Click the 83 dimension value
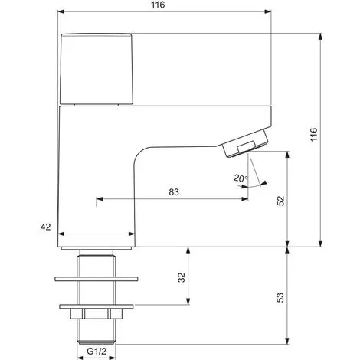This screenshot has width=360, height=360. point(175,192)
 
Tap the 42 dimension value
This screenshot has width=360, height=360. point(46,227)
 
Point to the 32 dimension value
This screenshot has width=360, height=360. point(182,277)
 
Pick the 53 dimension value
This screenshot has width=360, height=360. point(280,295)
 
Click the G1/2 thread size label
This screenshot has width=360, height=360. point(95,352)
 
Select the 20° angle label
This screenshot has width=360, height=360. point(220,178)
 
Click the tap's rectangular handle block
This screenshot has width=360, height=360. point(97,68)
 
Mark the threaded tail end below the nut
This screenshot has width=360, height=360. point(95,330)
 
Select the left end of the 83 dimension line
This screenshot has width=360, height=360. point(97,201)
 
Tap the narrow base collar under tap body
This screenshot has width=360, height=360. point(95,250)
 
